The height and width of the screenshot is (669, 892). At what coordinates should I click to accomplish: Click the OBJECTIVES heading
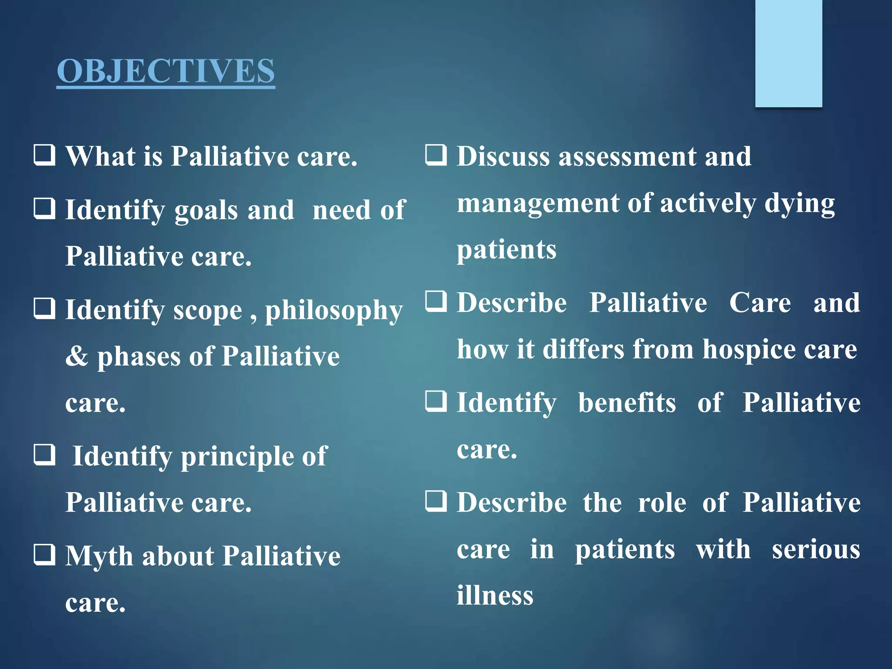[x=166, y=71]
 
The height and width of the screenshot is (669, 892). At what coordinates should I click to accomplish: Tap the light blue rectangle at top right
[x=788, y=53]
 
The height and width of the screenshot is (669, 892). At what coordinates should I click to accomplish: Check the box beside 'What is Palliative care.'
[x=44, y=155]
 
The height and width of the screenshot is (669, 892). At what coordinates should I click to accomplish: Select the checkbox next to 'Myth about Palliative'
[x=44, y=555]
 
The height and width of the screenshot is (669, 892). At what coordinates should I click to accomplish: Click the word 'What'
[x=100, y=156]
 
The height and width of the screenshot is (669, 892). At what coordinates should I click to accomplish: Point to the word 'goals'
[x=206, y=210]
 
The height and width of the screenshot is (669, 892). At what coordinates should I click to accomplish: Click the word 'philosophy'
[x=334, y=311]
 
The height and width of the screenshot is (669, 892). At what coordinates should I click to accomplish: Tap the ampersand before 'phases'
[x=77, y=356]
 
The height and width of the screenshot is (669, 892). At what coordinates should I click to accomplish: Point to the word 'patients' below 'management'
[x=507, y=250]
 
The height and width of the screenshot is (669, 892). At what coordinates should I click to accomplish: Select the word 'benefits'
[x=627, y=402]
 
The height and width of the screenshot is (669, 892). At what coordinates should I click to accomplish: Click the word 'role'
[x=662, y=503]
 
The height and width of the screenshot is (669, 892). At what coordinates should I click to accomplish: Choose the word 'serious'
[x=816, y=549]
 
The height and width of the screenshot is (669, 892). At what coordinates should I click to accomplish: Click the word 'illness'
[x=495, y=595]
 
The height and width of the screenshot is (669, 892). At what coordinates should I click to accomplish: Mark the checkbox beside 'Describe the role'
[x=436, y=501]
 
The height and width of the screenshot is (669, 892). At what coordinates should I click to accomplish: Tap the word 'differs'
[x=583, y=349]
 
